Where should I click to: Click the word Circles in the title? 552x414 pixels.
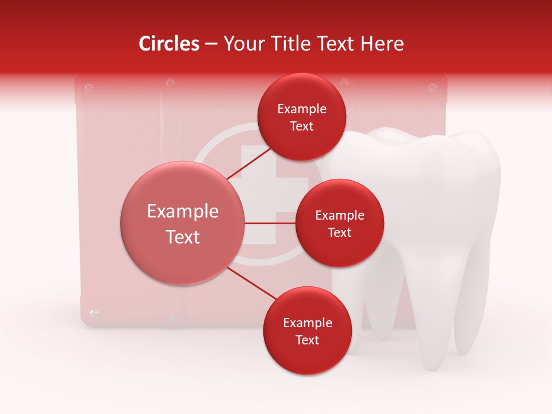click(168, 44)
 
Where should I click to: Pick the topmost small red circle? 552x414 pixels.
click(301, 117)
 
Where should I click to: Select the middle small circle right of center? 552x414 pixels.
click(339, 223)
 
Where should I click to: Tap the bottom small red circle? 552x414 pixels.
click(307, 331)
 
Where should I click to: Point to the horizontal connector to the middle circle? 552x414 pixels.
click(270, 223)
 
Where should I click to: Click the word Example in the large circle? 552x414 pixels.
click(183, 211)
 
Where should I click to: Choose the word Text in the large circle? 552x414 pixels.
click(183, 236)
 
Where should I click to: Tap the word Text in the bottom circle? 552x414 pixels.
click(307, 340)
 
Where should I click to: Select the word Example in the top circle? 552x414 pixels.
click(302, 109)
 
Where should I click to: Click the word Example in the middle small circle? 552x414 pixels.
click(339, 215)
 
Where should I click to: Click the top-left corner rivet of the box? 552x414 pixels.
click(89, 87)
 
